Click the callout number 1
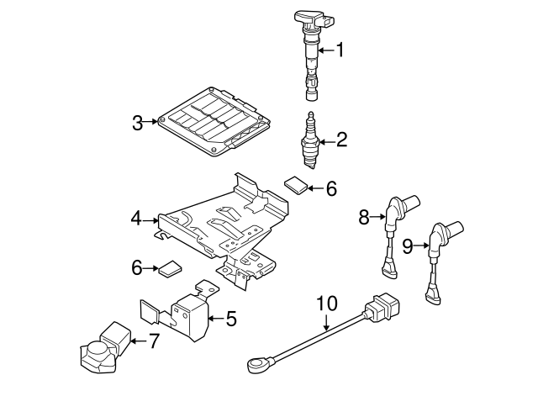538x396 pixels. point(340,50)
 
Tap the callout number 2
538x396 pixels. point(340,140)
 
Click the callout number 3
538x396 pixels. point(138,124)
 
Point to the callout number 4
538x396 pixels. point(136,219)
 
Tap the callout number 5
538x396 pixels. point(231,319)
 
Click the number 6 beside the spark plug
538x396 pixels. point(330,190)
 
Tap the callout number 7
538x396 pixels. point(153,341)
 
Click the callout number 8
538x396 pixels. point(364,218)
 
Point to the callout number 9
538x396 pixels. point(408,246)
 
